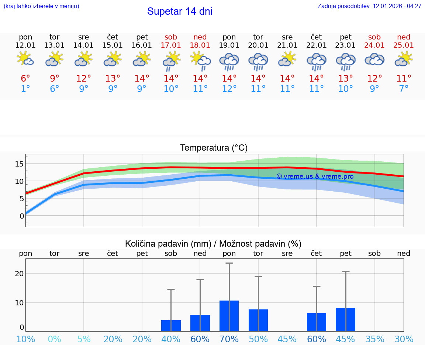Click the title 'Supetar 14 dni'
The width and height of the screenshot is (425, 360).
pos(180,11)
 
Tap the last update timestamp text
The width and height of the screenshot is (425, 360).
pos(369,6)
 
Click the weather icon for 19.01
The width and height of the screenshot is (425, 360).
pos(229,61)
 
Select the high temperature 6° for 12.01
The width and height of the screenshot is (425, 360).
pos(25,79)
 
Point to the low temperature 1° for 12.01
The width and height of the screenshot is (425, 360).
pos(25,89)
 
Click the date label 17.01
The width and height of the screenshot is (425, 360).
pos(171,45)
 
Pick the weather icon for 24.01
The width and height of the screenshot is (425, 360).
pos(374,59)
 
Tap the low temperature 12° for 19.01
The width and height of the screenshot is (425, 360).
pos(229,89)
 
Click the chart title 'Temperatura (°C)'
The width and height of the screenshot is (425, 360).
pos(214,148)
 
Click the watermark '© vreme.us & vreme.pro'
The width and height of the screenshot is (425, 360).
pos(315,176)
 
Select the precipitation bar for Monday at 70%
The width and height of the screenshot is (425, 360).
pos(229,316)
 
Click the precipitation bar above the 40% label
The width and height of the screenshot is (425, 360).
pos(171,325)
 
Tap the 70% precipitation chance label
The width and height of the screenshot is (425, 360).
pos(229,339)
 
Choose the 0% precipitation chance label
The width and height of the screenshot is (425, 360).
pos(55,339)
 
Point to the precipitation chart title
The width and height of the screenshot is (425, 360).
pos(213,244)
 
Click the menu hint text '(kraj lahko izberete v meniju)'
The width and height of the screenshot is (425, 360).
pos(41,6)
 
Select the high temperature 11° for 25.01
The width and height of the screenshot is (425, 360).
pos(404,79)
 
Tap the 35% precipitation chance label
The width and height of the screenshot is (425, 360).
pos(375,339)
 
